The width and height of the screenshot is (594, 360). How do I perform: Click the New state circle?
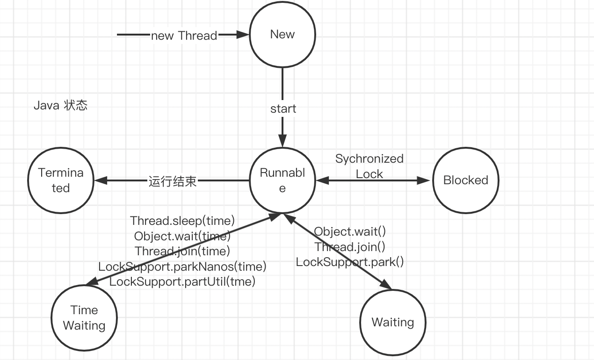(x=283, y=35)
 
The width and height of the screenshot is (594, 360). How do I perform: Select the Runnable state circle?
(x=283, y=180)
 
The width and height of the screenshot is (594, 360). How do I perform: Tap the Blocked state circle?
(x=465, y=180)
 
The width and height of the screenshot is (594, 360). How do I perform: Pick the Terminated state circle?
(x=61, y=180)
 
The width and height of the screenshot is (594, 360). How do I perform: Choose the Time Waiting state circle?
(x=84, y=318)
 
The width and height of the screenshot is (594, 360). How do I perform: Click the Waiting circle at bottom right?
(x=393, y=322)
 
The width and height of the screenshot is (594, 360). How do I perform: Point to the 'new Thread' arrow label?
(x=184, y=36)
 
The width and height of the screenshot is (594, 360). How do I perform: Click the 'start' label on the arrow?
(x=283, y=109)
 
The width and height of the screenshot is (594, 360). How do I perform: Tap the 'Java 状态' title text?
(x=60, y=105)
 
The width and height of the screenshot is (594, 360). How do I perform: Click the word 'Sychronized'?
(x=369, y=159)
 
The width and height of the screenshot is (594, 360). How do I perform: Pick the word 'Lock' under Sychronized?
(x=369, y=174)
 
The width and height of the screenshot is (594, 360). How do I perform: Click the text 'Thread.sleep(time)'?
(x=182, y=220)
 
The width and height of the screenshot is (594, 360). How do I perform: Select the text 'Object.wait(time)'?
(x=182, y=236)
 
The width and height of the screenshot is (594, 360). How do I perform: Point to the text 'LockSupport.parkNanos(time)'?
(x=182, y=266)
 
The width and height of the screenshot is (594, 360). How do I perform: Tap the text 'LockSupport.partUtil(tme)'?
(x=182, y=281)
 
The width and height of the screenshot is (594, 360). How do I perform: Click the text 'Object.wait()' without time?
(x=350, y=231)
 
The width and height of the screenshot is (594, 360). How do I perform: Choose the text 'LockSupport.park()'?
(x=350, y=262)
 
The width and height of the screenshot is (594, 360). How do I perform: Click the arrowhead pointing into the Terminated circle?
(x=100, y=180)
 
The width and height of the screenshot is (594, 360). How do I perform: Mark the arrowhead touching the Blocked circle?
(x=424, y=180)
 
